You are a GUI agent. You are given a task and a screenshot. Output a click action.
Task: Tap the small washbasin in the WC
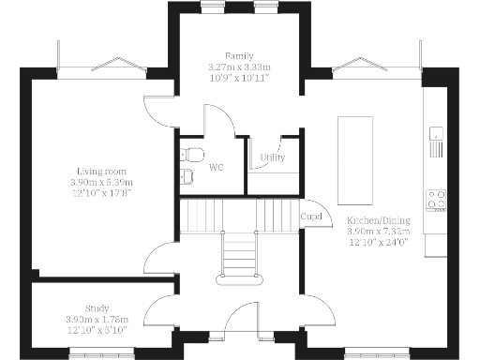(x=187, y=175)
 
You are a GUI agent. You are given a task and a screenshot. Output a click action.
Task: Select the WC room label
(x=216, y=168)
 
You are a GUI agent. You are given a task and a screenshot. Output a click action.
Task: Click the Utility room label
(x=273, y=157)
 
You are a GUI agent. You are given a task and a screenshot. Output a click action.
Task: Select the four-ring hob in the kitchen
(x=436, y=200)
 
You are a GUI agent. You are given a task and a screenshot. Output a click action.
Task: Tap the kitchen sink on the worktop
(x=436, y=146)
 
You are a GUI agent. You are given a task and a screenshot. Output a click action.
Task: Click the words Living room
(x=101, y=172)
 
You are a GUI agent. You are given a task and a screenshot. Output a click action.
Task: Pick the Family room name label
(x=239, y=57)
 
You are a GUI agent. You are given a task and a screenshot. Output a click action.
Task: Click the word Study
(x=97, y=307)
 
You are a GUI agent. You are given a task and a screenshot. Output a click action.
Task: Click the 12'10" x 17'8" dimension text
(x=101, y=192)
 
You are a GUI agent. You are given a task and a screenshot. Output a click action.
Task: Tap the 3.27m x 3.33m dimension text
(x=239, y=67)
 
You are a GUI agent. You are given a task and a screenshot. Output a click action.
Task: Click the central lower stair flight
(x=238, y=251)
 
